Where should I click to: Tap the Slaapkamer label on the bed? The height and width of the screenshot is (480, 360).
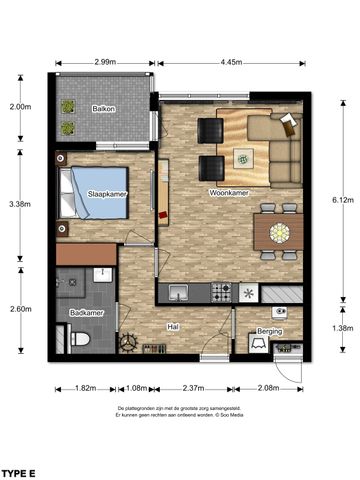point(106,193)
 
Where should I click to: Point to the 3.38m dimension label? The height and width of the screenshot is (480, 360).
point(19,204)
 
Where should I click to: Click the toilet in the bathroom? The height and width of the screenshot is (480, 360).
point(83,341)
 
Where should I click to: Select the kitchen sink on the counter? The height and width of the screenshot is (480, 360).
point(180,293)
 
